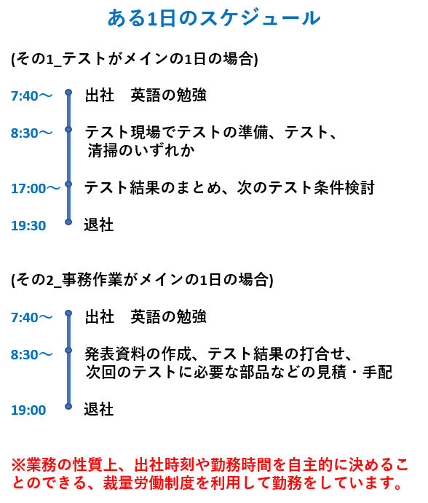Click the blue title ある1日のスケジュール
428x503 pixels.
click(214, 18)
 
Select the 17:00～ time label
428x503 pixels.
click(36, 188)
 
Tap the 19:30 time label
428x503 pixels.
click(28, 225)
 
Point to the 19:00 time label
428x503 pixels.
click(28, 410)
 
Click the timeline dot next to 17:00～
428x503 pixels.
click(68, 184)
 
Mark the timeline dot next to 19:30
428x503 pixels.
click(68, 222)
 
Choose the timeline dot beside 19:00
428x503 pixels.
click(68, 407)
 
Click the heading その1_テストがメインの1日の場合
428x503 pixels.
click(135, 59)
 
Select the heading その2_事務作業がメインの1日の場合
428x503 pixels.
click(142, 280)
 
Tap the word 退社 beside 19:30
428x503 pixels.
click(99, 225)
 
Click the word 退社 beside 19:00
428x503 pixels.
click(99, 410)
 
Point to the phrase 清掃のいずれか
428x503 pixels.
click(141, 150)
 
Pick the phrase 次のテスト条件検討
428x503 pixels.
click(306, 187)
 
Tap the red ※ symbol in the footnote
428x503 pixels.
click(18, 465)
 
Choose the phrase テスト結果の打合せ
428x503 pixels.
click(277, 354)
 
